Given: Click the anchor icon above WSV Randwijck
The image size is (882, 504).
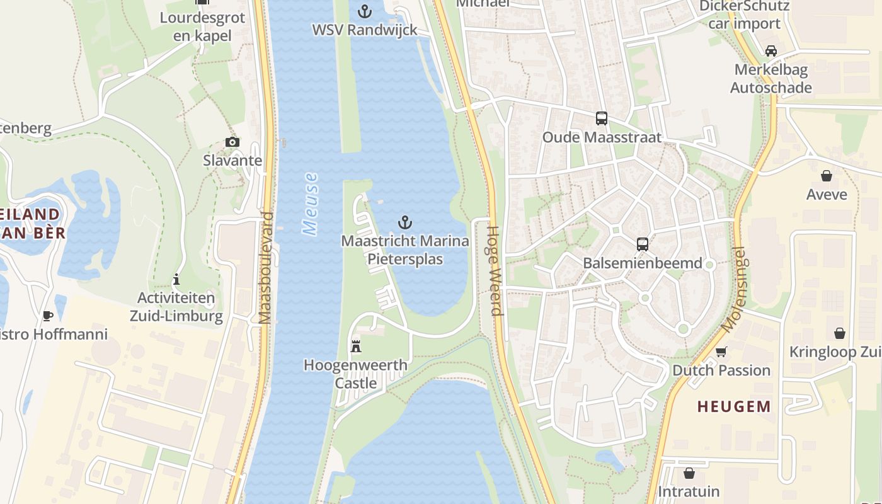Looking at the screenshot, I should tap(364, 11).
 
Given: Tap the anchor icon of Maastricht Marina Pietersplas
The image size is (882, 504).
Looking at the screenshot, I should tap(405, 222).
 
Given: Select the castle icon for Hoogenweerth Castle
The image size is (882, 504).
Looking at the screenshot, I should tap(356, 346).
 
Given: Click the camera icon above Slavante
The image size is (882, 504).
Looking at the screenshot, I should tap(232, 142).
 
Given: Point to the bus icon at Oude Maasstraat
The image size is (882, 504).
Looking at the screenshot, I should tap(602, 118).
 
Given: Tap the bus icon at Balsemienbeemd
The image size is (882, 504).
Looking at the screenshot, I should tap(642, 244).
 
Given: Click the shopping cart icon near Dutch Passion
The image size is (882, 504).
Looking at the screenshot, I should tap(721, 351).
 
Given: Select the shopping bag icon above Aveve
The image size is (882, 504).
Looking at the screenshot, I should tap(827, 175).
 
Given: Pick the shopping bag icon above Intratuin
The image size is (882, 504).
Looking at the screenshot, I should tap(689, 472).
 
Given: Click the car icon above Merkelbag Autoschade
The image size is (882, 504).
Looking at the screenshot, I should tap(770, 50).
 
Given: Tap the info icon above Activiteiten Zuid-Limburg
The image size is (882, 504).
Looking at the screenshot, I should tap(176, 279).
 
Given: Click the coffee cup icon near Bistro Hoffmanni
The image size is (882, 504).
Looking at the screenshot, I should tap(47, 316).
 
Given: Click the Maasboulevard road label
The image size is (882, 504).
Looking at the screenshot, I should tap(266, 268).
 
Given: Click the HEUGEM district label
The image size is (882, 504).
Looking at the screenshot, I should tap(734, 406).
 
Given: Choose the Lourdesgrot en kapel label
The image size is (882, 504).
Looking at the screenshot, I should tap(202, 26).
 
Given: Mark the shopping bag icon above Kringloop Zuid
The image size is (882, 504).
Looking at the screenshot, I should tap(839, 333).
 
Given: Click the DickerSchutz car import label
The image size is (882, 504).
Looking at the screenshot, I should tap(744, 14).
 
